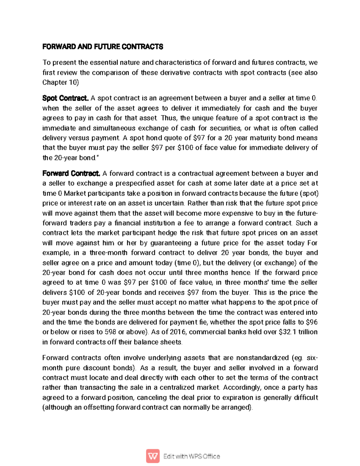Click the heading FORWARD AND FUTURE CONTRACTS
coord(103,47)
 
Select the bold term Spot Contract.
coord(65,98)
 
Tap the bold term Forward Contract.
coord(71,173)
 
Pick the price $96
coord(312,322)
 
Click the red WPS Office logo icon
coord(153,456)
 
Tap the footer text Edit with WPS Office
coord(191,456)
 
